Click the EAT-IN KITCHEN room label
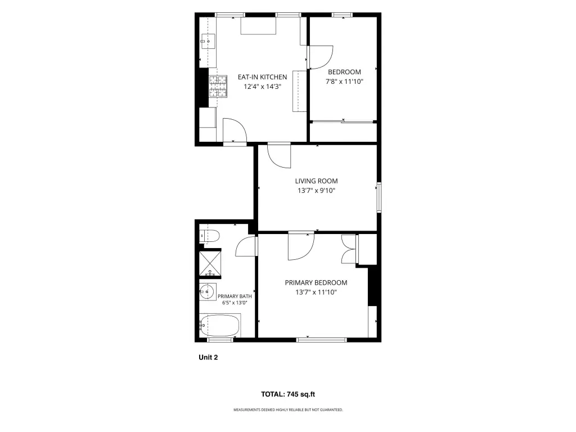262,77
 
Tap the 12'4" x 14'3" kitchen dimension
262,87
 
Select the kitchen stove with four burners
218,86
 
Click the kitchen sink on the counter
208,42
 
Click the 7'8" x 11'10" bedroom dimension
345,82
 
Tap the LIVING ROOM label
316,181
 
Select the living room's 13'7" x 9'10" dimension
316,191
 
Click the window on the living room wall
379,197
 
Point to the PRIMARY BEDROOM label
316,283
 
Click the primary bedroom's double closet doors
349,249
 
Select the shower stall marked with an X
210,263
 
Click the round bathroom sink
208,292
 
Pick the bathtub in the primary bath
220,326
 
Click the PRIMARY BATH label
235,296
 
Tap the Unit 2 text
208,357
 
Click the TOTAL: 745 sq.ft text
288,394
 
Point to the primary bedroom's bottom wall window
321,340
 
